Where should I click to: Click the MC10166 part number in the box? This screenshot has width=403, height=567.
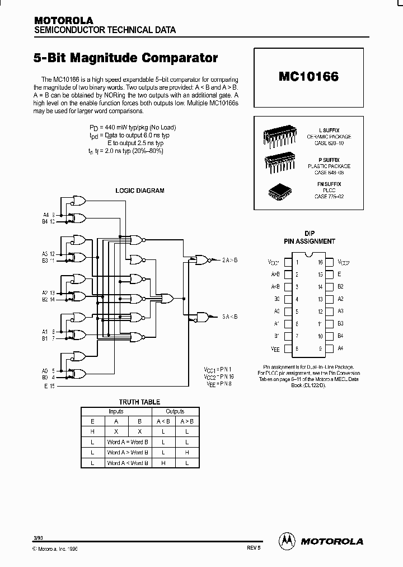click(308, 77)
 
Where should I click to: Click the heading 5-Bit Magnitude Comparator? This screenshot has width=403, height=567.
click(126, 58)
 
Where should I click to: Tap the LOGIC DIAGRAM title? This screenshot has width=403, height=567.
click(139, 190)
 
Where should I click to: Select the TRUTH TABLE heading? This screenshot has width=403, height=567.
click(139, 402)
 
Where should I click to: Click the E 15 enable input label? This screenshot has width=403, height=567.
click(50, 386)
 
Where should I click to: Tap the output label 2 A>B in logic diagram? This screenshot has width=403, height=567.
click(229, 259)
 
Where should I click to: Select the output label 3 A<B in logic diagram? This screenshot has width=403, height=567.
click(229, 317)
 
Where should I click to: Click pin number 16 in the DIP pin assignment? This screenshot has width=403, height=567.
click(321, 262)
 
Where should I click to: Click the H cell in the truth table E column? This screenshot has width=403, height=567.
click(92, 431)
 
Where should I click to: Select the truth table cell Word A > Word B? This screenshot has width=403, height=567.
click(128, 452)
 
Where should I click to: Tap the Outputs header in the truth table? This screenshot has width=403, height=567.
click(175, 411)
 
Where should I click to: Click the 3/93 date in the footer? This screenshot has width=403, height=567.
click(38, 538)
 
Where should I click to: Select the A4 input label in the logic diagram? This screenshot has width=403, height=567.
click(46, 215)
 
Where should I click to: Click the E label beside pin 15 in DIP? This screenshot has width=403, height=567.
click(339, 274)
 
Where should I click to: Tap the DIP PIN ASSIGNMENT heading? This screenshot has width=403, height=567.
click(310, 238)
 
